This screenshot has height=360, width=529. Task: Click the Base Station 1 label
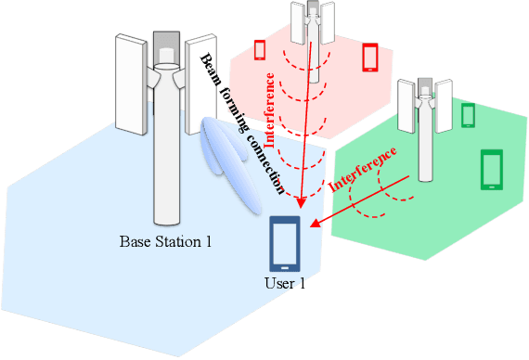tap(166, 243)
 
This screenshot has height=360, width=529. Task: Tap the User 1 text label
tap(285, 283)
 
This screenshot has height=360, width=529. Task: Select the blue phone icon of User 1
tap(285, 243)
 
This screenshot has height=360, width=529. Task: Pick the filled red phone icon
tap(370, 56)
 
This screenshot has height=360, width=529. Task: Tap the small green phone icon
tap(469, 115)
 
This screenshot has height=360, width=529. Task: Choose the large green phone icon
tap(491, 170)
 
